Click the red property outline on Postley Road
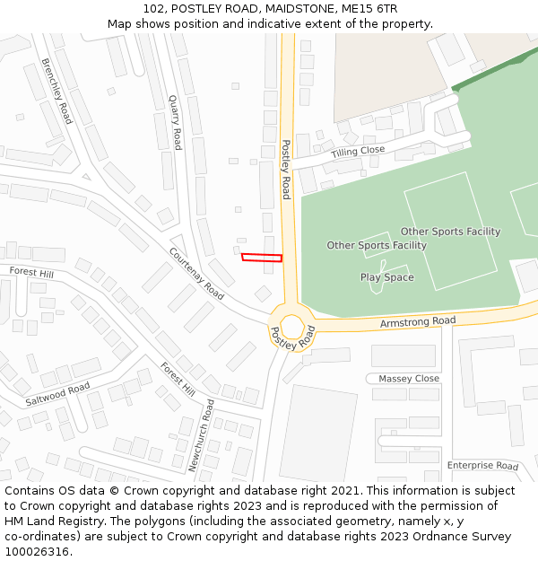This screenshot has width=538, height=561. [262, 258]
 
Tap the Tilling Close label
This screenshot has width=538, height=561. [358, 152]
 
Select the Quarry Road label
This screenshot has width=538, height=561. [175, 124]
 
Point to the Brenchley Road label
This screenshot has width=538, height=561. [56, 91]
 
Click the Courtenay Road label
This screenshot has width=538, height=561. [196, 273]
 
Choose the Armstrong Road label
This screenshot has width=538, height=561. [418, 321]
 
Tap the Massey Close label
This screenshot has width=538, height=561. [409, 379]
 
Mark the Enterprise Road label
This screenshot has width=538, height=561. [482, 466]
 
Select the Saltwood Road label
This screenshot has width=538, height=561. [57, 393]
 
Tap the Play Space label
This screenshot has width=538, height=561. [387, 277]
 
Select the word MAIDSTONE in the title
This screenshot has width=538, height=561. [294, 8]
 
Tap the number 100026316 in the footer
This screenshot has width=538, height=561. [38, 551]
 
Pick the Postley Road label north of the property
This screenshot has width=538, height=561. [286, 169]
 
